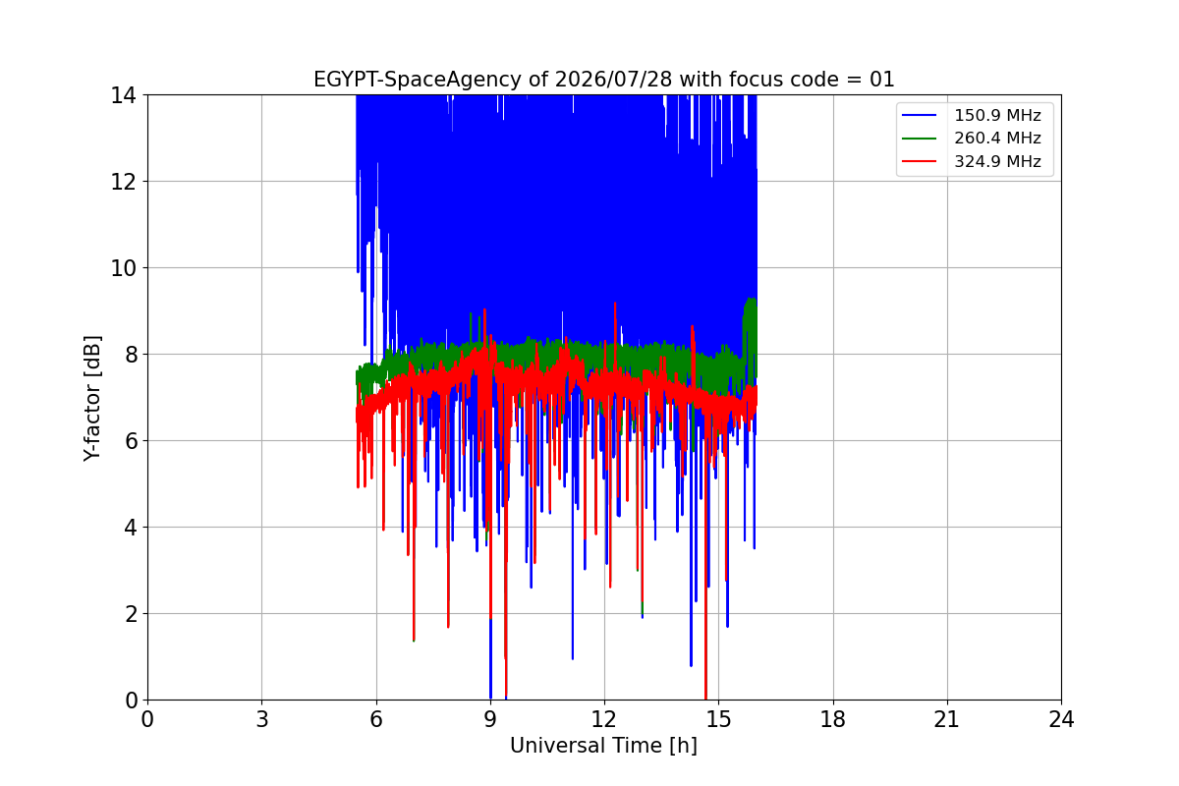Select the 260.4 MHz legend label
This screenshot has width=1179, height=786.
[x=997, y=138]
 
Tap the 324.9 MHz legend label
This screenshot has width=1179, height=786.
[x=997, y=161]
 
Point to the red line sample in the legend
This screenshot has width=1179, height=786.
[x=919, y=161]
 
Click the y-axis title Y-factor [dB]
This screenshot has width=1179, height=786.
[x=92, y=399]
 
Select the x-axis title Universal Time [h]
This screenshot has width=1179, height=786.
[x=603, y=746]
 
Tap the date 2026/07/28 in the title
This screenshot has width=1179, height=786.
[x=613, y=80]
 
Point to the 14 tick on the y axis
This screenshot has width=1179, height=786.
[x=123, y=95]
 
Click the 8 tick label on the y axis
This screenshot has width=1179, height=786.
[x=131, y=355]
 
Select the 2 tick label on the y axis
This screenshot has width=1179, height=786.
[x=131, y=614]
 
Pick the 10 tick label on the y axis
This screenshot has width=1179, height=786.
[x=123, y=268]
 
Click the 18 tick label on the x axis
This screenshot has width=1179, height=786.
[x=833, y=719]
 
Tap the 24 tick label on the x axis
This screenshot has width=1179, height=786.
[x=1062, y=719]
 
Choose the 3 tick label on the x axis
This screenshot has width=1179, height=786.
[x=262, y=719]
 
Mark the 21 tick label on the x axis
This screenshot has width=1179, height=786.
[x=947, y=719]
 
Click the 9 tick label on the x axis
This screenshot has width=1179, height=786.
[x=490, y=719]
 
